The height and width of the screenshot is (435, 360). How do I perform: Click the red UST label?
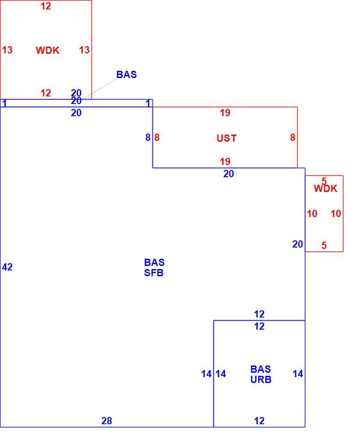click(x=226, y=138)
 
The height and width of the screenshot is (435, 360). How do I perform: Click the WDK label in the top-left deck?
click(x=48, y=50)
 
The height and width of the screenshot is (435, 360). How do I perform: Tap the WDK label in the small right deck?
click(x=325, y=189)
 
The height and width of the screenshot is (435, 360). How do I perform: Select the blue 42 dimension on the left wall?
click(x=7, y=267)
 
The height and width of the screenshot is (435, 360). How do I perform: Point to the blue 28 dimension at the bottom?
click(x=107, y=421)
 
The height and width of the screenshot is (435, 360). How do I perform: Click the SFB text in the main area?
click(x=154, y=273)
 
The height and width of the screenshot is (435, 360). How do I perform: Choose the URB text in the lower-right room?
click(x=261, y=379)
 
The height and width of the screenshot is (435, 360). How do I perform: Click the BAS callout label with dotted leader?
click(x=126, y=74)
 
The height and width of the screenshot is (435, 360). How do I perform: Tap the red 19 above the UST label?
click(x=225, y=113)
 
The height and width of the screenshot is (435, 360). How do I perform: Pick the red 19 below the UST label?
click(x=225, y=161)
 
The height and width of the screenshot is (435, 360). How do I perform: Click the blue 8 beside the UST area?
click(x=148, y=137)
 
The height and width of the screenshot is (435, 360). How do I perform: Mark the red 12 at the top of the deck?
click(x=46, y=6)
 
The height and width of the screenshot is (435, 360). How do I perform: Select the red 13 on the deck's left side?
click(x=7, y=50)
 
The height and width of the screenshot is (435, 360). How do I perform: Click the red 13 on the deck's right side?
click(x=84, y=50)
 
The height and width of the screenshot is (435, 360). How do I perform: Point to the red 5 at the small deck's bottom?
click(x=324, y=245)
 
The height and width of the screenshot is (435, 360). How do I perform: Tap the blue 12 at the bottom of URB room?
click(x=259, y=421)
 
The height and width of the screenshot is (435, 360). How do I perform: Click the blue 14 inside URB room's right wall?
click(x=298, y=374)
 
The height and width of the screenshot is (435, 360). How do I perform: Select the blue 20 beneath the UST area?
click(x=229, y=174)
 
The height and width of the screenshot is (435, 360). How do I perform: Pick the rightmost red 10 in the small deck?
click(x=336, y=213)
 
